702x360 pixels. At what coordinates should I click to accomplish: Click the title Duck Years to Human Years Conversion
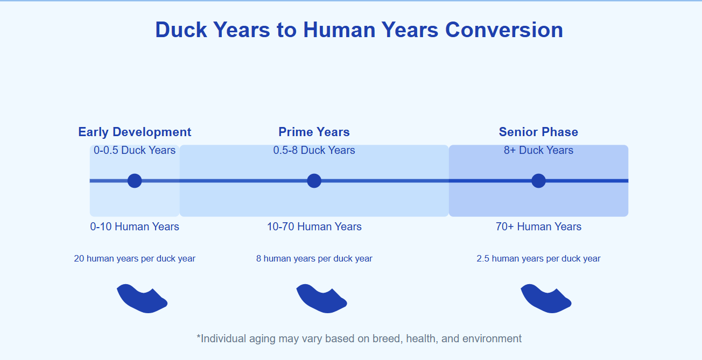359,30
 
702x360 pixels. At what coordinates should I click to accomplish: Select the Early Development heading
135,132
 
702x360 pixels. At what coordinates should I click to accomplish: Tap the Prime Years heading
314,132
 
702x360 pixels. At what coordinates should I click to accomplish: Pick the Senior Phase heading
538,132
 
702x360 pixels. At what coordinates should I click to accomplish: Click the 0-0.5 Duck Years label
135,150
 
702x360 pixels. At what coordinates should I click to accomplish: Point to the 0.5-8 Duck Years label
314,150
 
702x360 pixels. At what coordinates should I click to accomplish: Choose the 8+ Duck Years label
538,150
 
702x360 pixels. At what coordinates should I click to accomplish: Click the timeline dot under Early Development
135,181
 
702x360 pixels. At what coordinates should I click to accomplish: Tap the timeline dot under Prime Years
314,181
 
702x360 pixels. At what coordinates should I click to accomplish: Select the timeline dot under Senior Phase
538,181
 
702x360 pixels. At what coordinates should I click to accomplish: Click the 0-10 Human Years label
135,227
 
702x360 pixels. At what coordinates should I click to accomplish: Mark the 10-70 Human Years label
314,227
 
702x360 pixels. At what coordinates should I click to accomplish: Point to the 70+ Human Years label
538,227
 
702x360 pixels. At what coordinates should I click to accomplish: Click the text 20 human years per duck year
135,259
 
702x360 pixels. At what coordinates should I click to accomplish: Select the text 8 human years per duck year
314,259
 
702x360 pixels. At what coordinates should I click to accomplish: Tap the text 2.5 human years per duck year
538,259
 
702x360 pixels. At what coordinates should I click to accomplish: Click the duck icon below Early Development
141,299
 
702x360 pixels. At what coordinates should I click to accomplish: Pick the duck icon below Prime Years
320,299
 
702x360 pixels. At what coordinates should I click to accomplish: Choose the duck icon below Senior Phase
545,299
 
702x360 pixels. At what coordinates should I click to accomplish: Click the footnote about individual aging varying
359,338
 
